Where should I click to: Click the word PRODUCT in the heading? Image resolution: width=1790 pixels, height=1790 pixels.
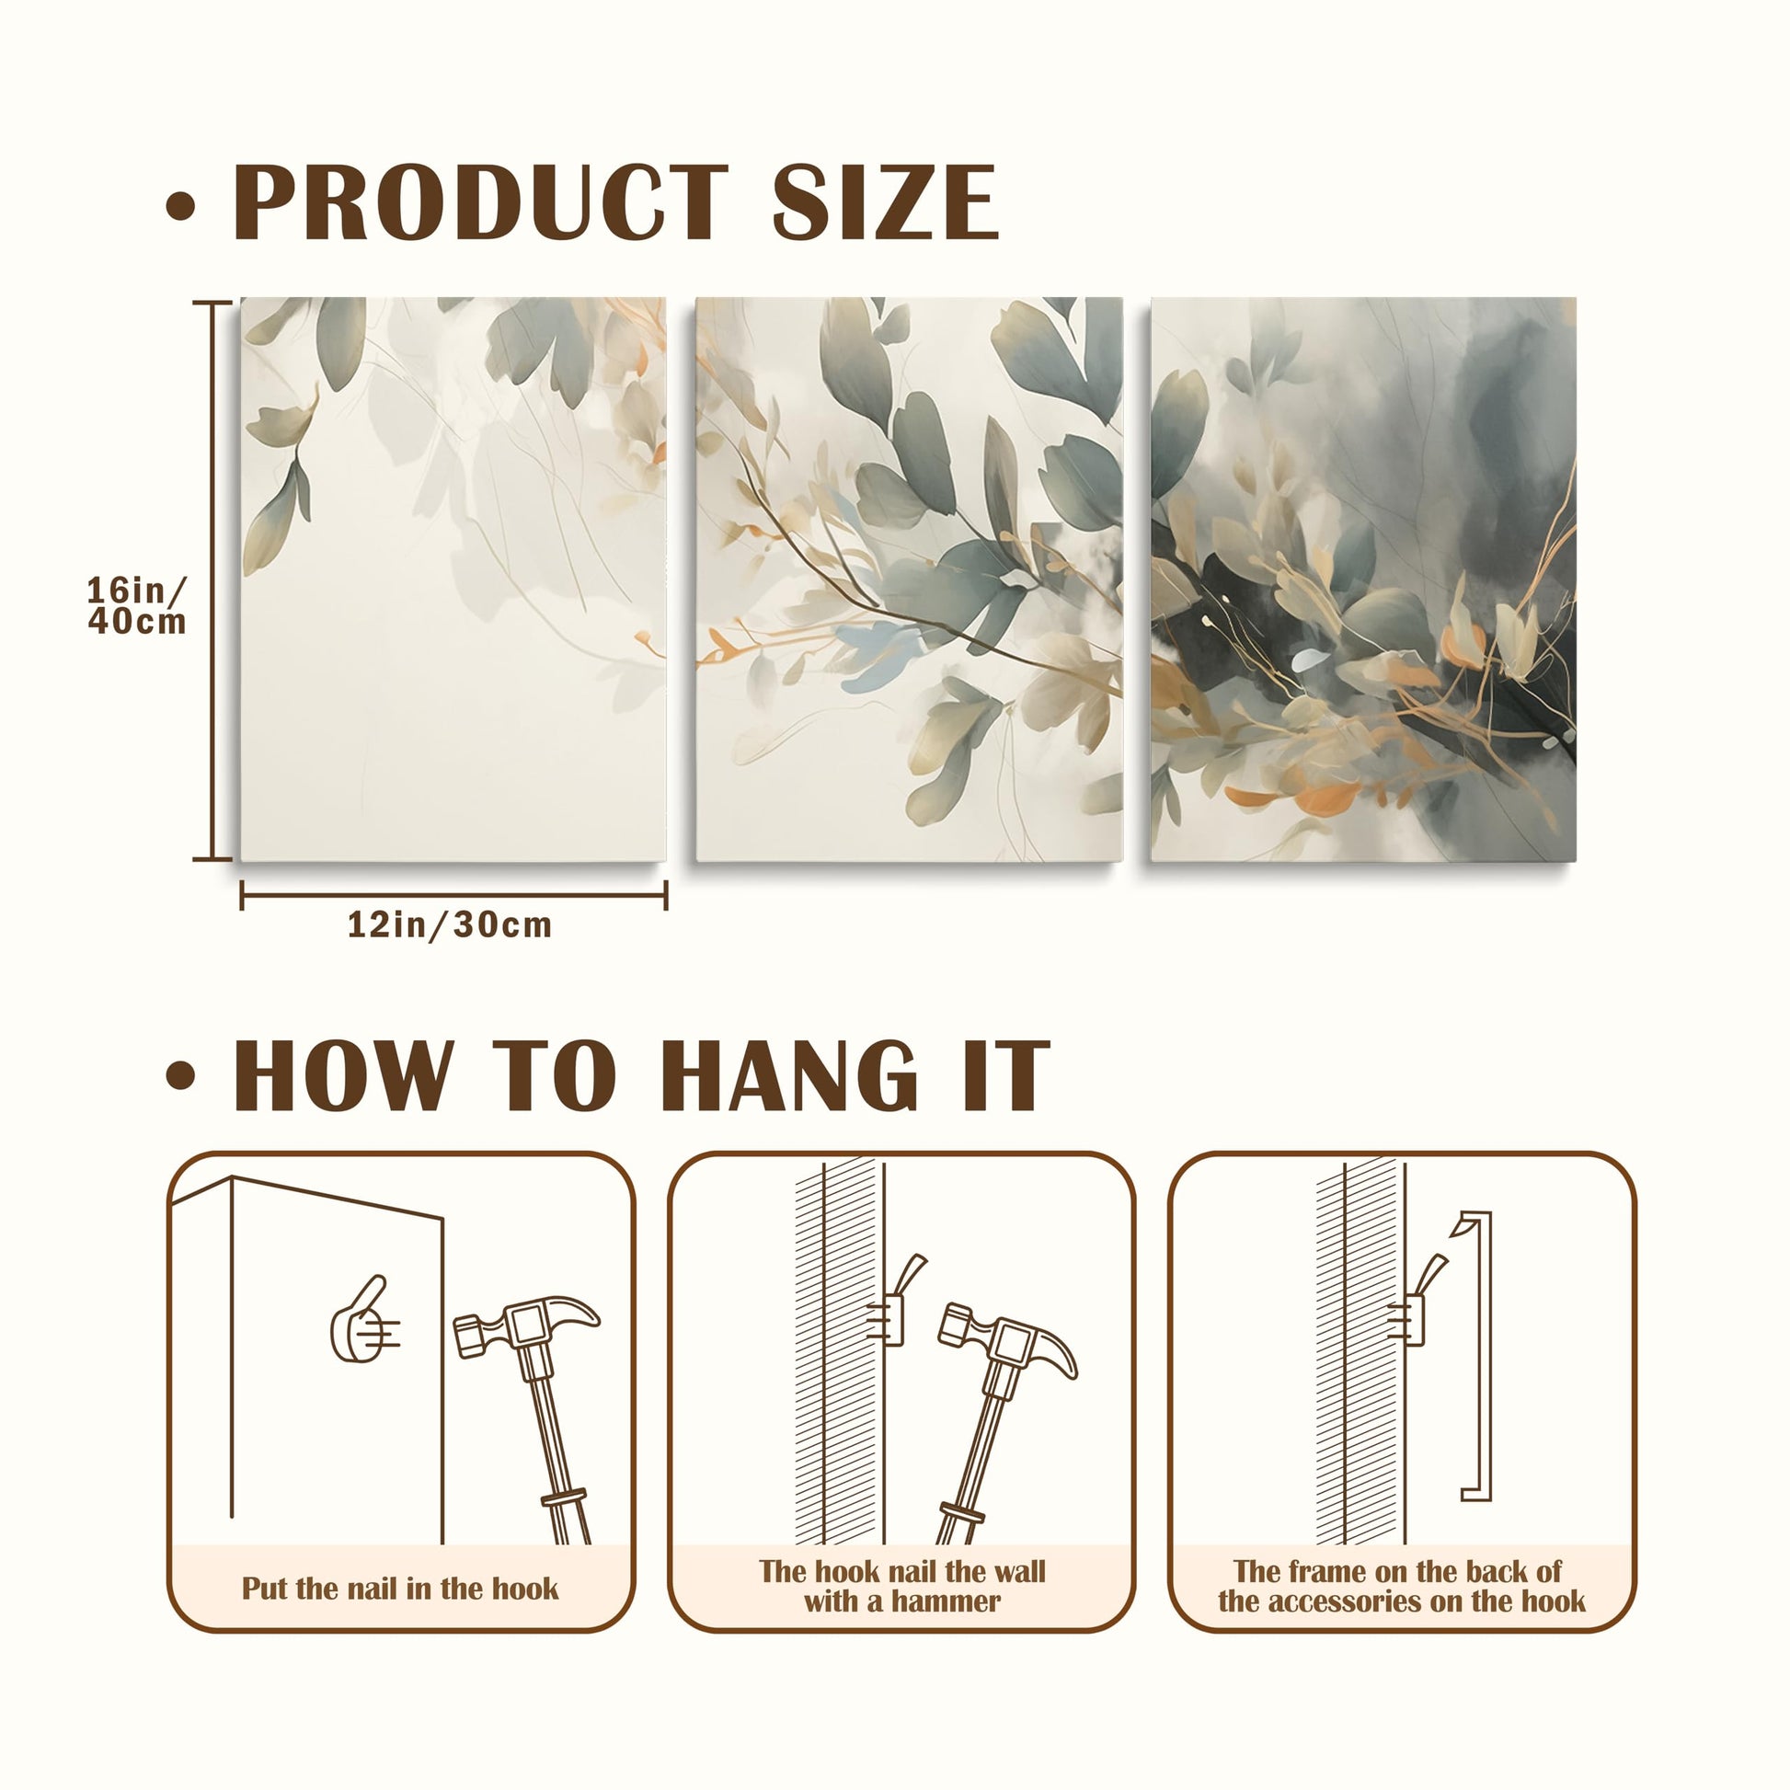pyautogui.click(x=481, y=201)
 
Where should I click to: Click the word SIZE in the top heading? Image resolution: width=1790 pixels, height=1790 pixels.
pyautogui.click(x=886, y=201)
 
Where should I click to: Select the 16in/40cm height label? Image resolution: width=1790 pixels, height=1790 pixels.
pyautogui.click(x=137, y=605)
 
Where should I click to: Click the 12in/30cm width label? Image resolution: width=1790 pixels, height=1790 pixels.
pyautogui.click(x=451, y=924)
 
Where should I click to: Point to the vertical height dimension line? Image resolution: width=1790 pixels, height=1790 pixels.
pyautogui.click(x=212, y=581)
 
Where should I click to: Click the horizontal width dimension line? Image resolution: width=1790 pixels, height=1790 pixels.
pyautogui.click(x=454, y=895)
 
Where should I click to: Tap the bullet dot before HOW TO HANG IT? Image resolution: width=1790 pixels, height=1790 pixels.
pyautogui.click(x=180, y=1074)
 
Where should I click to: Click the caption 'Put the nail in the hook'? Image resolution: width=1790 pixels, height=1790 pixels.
pyautogui.click(x=400, y=1588)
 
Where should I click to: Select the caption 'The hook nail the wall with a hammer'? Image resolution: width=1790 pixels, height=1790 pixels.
pyautogui.click(x=901, y=1585)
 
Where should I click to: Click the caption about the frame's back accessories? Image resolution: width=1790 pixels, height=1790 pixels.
pyautogui.click(x=1401, y=1585)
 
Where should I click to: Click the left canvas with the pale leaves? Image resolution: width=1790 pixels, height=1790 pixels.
pyautogui.click(x=453, y=579)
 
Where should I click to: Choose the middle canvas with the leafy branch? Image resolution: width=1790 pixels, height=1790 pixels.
pyautogui.click(x=909, y=579)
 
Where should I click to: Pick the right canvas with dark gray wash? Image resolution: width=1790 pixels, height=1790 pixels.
pyautogui.click(x=1363, y=579)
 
